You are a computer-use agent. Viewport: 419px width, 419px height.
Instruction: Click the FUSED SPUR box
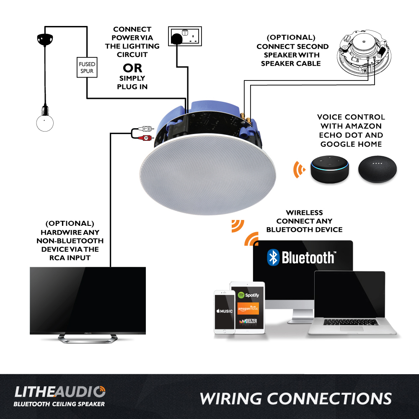click(87, 67)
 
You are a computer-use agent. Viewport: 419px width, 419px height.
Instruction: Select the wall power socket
click(185, 36)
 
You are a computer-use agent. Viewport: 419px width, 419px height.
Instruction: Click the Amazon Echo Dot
click(330, 170)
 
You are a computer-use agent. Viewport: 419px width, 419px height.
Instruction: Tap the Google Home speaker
click(378, 169)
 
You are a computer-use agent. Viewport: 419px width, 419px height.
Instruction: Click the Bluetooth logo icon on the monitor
click(273, 257)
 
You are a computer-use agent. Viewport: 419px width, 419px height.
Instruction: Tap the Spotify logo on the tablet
click(248, 295)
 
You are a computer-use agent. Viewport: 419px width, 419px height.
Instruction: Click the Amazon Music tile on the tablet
click(248, 308)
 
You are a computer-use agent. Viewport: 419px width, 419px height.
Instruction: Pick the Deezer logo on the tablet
click(248, 322)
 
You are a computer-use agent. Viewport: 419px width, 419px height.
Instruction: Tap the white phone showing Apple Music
click(224, 312)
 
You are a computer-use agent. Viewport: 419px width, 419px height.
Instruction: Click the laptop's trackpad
click(352, 328)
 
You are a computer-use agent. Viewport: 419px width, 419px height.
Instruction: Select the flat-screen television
click(88, 300)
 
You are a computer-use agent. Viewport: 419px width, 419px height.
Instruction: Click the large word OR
click(132, 68)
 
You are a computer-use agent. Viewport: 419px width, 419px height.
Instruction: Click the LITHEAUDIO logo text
click(59, 392)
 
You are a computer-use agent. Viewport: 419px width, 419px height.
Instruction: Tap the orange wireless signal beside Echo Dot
click(299, 169)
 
